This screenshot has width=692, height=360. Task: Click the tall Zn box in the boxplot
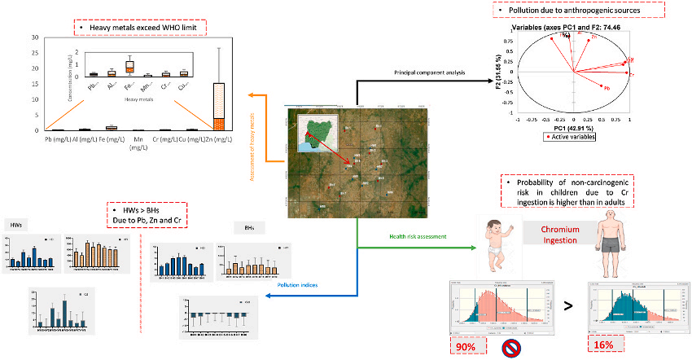(x=218, y=106)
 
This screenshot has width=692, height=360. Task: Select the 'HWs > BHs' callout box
(x=147, y=215)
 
